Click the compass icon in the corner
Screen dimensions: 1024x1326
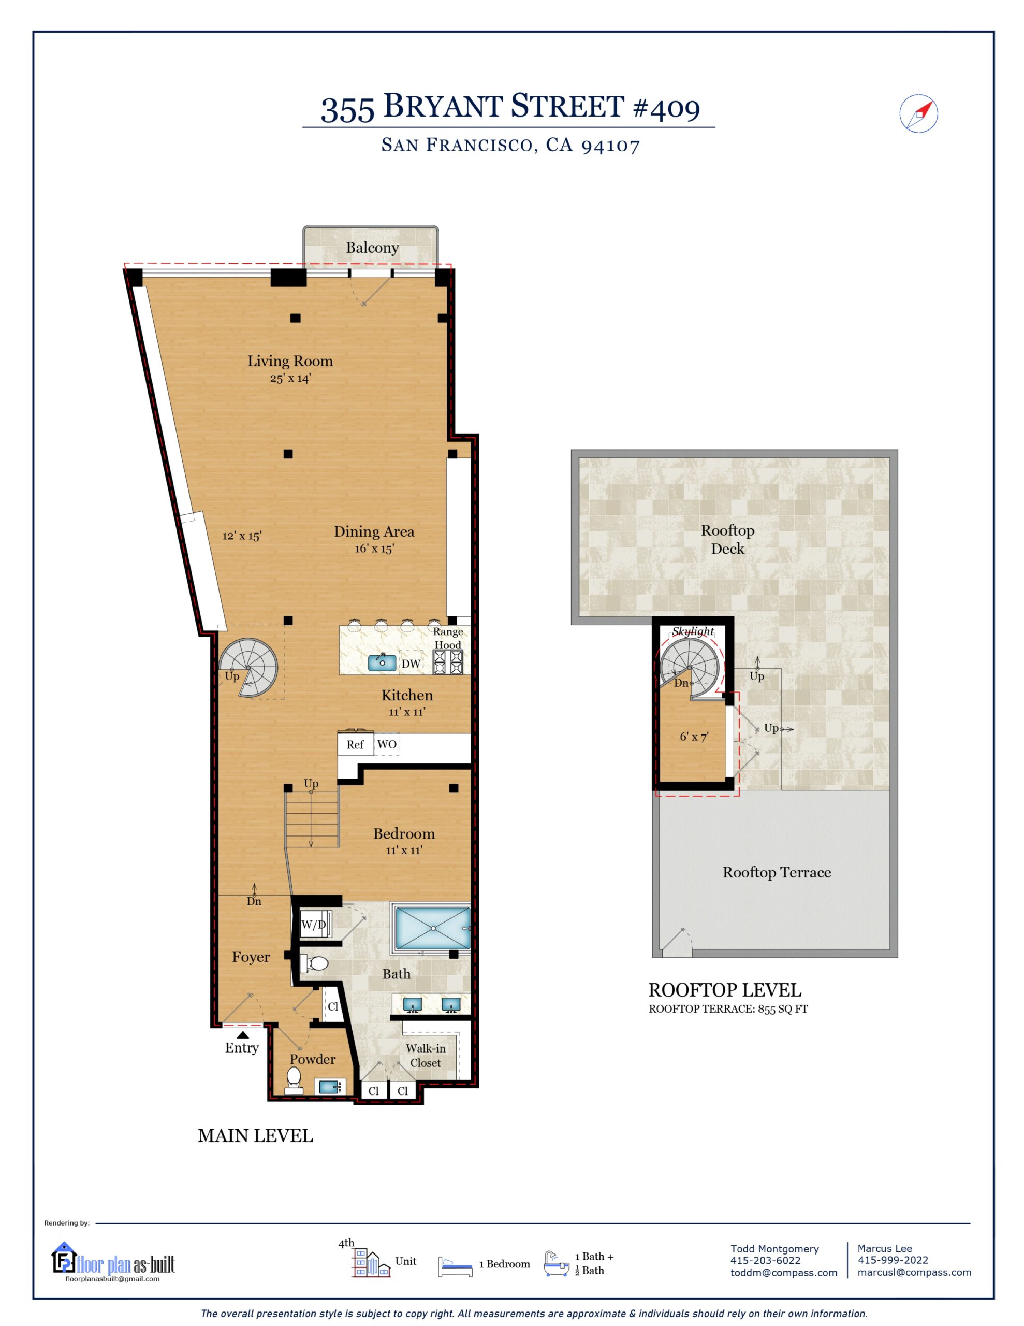(918, 113)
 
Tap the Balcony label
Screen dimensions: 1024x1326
(372, 248)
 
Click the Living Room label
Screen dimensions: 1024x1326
(290, 361)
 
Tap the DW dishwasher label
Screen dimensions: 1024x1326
(411, 664)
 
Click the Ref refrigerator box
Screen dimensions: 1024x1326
(356, 744)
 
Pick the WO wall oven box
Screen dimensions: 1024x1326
(387, 744)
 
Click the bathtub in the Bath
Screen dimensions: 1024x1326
(433, 928)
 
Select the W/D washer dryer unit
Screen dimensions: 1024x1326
(314, 925)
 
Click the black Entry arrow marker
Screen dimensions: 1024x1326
(242, 1034)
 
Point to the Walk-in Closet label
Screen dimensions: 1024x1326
(426, 1055)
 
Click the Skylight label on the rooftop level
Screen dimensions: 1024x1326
(693, 631)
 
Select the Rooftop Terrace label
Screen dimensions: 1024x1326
(777, 872)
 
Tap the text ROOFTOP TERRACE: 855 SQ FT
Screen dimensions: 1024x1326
(728, 1009)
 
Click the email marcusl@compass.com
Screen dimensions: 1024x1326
(914, 1272)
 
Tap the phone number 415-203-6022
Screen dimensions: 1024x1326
(766, 1260)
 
